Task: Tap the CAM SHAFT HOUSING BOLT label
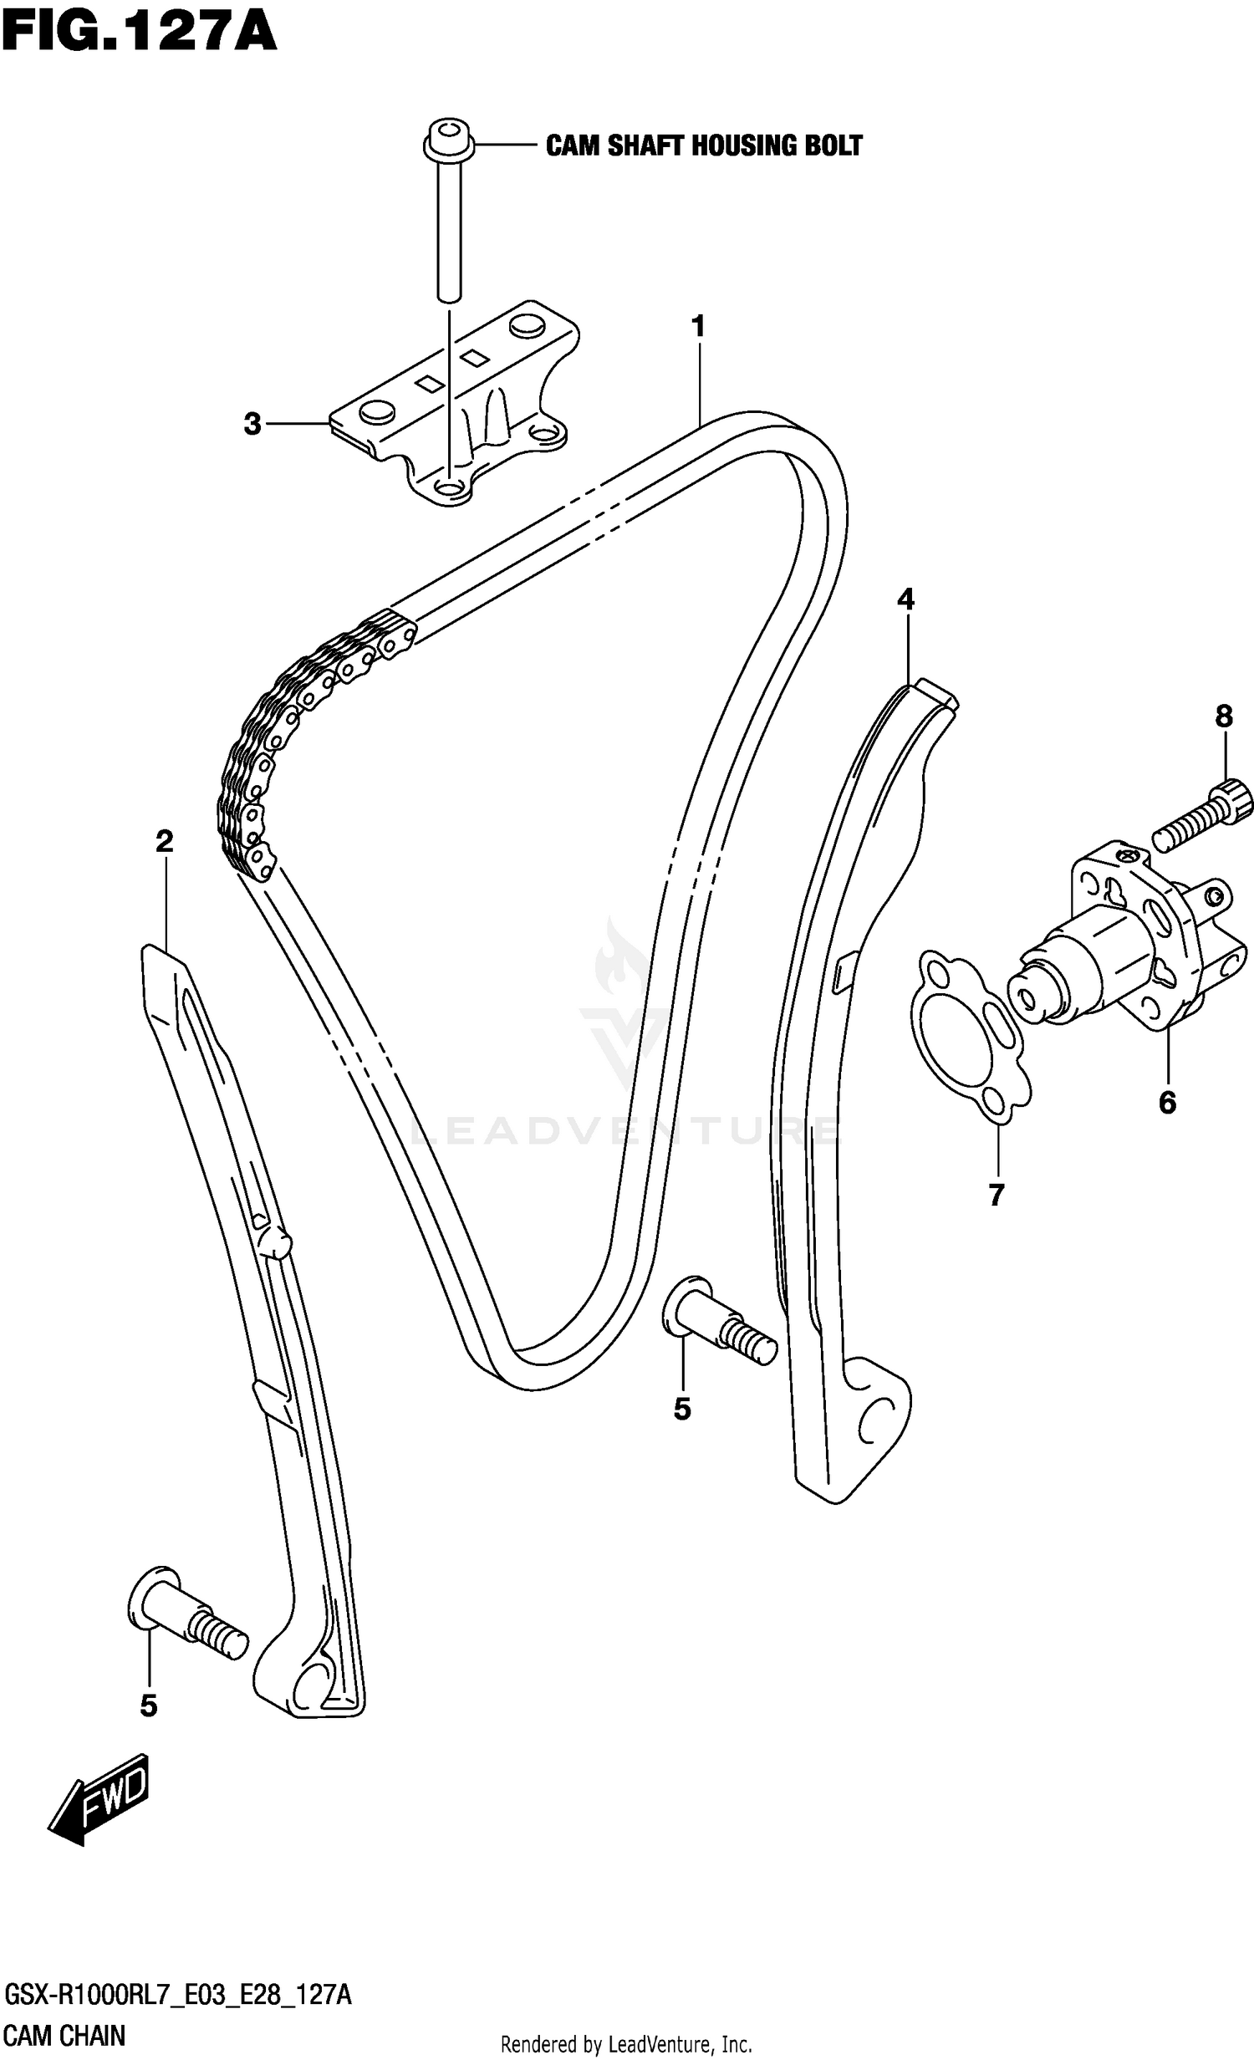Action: click(x=703, y=145)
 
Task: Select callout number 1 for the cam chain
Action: click(x=698, y=327)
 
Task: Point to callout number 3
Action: click(x=252, y=424)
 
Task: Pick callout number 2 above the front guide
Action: click(x=164, y=841)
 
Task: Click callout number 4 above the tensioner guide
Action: click(x=905, y=599)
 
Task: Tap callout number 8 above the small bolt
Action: click(x=1223, y=716)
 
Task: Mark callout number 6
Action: click(x=1167, y=1103)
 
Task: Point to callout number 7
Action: click(x=996, y=1196)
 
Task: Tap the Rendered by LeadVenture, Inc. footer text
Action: click(x=626, y=2045)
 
